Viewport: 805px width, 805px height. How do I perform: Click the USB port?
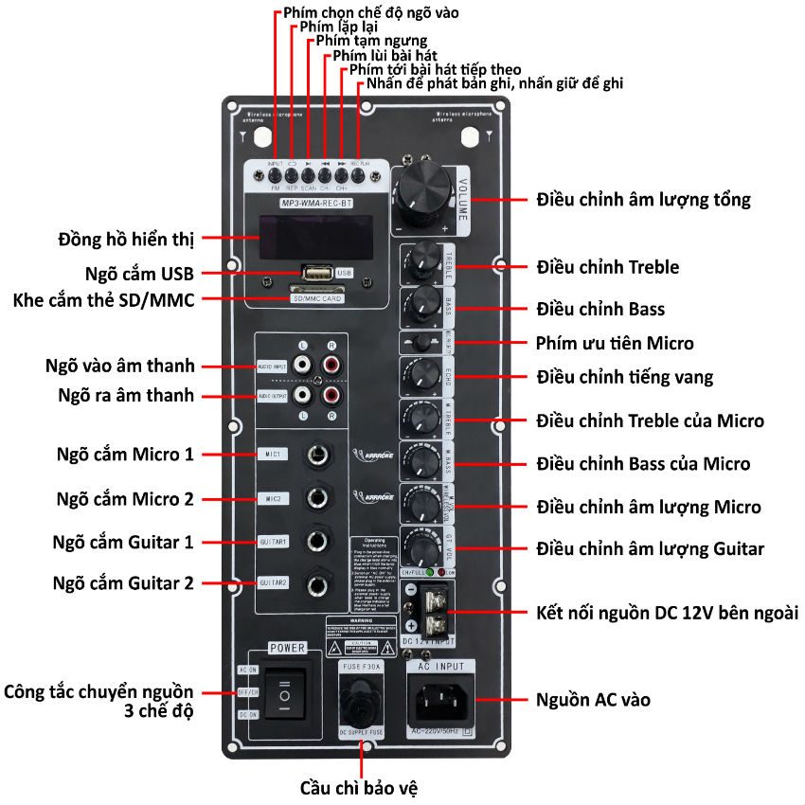tap(317, 274)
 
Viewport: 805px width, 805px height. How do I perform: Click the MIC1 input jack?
tap(316, 455)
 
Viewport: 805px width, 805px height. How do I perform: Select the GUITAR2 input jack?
tap(316, 583)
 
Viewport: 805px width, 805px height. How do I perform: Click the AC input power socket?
tap(441, 702)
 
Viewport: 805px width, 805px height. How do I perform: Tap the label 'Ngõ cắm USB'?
tap(138, 274)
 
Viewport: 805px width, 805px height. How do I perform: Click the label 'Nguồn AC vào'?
tap(593, 701)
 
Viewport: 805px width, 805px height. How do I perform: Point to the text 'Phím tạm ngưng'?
tap(370, 42)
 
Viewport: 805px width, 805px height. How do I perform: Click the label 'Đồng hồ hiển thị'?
tap(125, 237)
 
